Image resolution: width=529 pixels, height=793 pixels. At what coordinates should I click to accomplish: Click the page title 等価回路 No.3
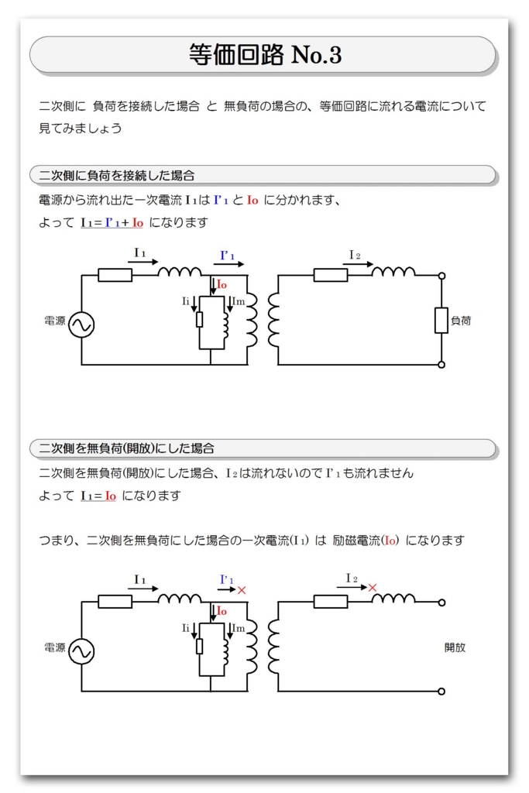264,55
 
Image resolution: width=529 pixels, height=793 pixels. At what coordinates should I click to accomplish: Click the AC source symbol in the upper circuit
81,324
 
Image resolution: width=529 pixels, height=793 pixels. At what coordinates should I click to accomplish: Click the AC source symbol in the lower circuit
81,651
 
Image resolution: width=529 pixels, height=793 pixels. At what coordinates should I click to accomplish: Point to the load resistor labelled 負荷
441,320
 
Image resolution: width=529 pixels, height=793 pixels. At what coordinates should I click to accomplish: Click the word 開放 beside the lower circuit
455,647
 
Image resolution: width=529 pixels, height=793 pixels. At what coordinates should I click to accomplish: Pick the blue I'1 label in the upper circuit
228,256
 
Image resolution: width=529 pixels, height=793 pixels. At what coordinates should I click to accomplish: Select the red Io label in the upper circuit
222,284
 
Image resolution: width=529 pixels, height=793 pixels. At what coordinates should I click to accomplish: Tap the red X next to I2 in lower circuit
373,589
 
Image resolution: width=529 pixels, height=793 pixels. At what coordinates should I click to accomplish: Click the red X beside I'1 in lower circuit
242,590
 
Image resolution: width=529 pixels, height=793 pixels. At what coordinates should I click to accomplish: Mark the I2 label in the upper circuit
355,255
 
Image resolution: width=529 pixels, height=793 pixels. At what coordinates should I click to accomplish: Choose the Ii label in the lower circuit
186,627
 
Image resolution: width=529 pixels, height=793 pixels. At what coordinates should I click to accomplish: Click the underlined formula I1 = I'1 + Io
112,223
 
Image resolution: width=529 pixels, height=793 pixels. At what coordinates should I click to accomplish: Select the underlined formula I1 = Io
98,496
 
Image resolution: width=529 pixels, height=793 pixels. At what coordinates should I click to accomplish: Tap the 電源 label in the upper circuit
55,321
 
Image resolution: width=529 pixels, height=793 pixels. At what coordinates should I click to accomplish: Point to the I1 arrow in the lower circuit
142,589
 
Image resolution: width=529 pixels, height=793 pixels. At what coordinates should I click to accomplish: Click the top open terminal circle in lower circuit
441,602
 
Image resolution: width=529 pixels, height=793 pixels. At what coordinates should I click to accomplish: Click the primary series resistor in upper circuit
115,275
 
